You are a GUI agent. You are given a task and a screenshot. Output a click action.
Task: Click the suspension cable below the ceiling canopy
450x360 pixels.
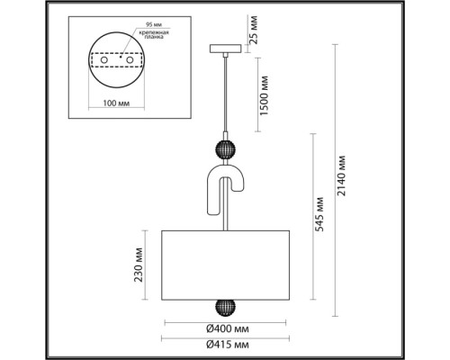point(221,90)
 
